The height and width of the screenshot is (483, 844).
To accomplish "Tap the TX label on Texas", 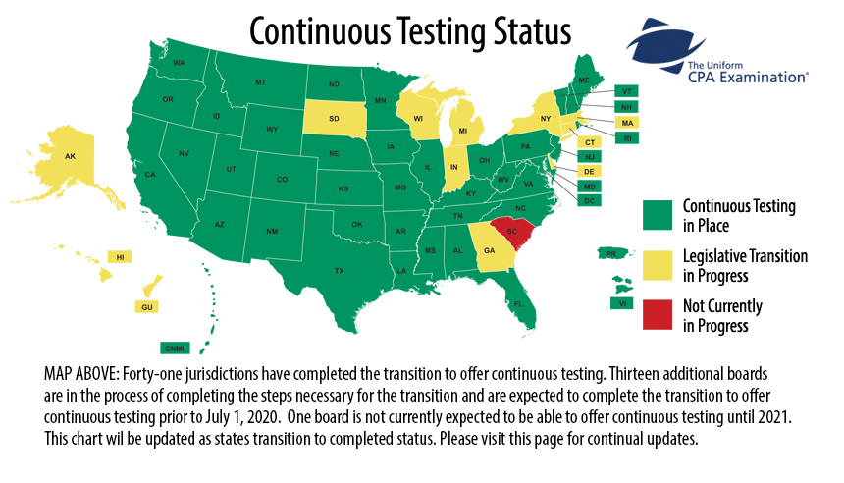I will pos(339,270).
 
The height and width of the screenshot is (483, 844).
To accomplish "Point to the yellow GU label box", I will pos(148,307).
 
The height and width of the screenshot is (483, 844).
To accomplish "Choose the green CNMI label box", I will pos(176,347).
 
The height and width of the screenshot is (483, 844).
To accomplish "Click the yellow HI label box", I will pos(120,257).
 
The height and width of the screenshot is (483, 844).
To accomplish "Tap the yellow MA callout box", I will pos(627,122).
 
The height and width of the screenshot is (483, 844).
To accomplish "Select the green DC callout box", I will pos(590,200).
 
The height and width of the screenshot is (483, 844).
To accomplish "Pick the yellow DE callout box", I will pos(590,171).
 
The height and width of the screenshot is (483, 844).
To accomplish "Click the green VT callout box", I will pos(627,91).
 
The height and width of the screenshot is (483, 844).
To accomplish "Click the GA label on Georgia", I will pos(488,250).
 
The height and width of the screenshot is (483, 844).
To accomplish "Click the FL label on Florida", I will pos(517,304).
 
